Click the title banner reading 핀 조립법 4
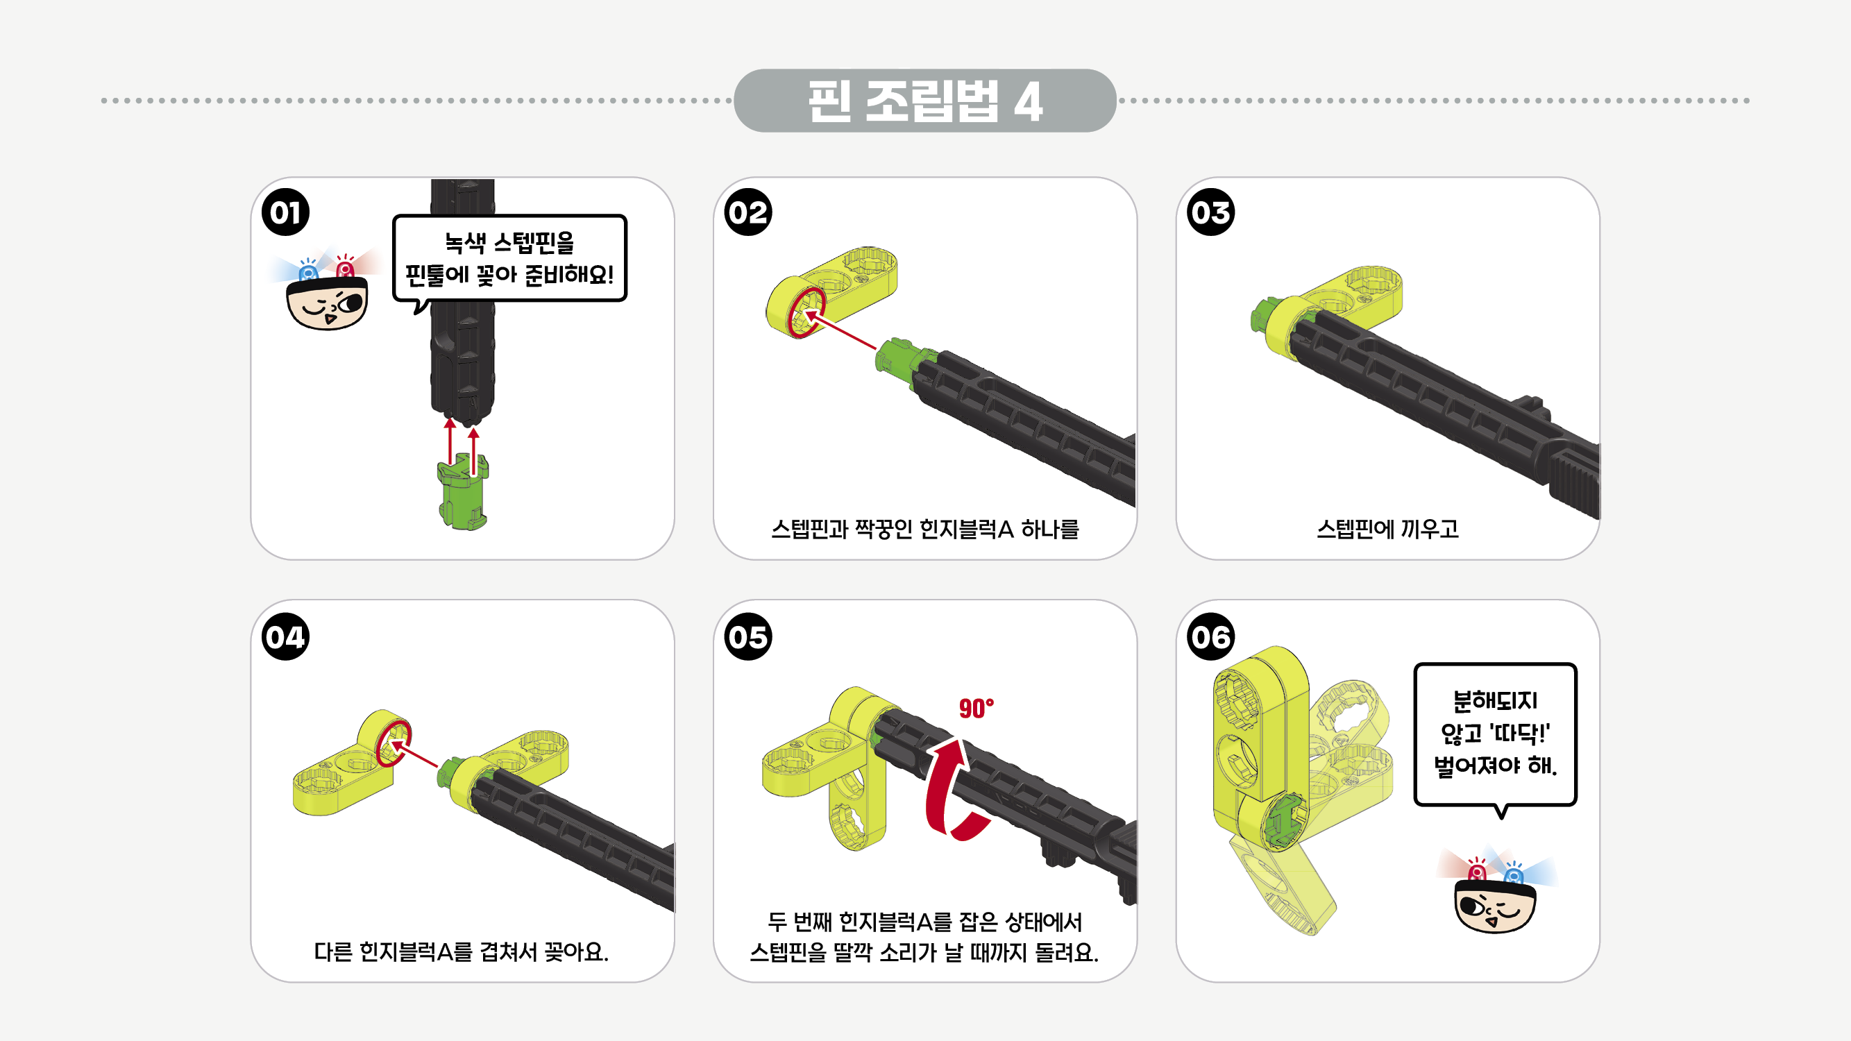pyautogui.click(x=924, y=101)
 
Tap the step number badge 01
pyautogui.click(x=285, y=212)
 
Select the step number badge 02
pyautogui.click(x=748, y=212)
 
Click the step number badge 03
pyautogui.click(x=1211, y=212)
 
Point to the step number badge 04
pyautogui.click(x=285, y=636)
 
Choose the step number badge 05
pyautogui.click(x=748, y=636)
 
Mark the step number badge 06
pyautogui.click(x=1211, y=636)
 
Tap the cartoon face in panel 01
pyautogui.click(x=327, y=302)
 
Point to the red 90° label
pyautogui.click(x=976, y=709)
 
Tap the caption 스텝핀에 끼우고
pyautogui.click(x=1387, y=530)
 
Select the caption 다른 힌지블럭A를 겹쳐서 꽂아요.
pyautogui.click(x=462, y=952)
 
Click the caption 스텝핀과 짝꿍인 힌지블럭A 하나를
pyautogui.click(x=924, y=530)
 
